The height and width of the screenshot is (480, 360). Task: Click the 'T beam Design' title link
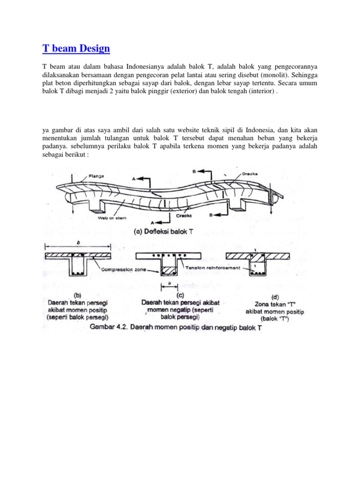[x=76, y=48]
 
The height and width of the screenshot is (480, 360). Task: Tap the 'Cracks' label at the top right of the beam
[x=251, y=174]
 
